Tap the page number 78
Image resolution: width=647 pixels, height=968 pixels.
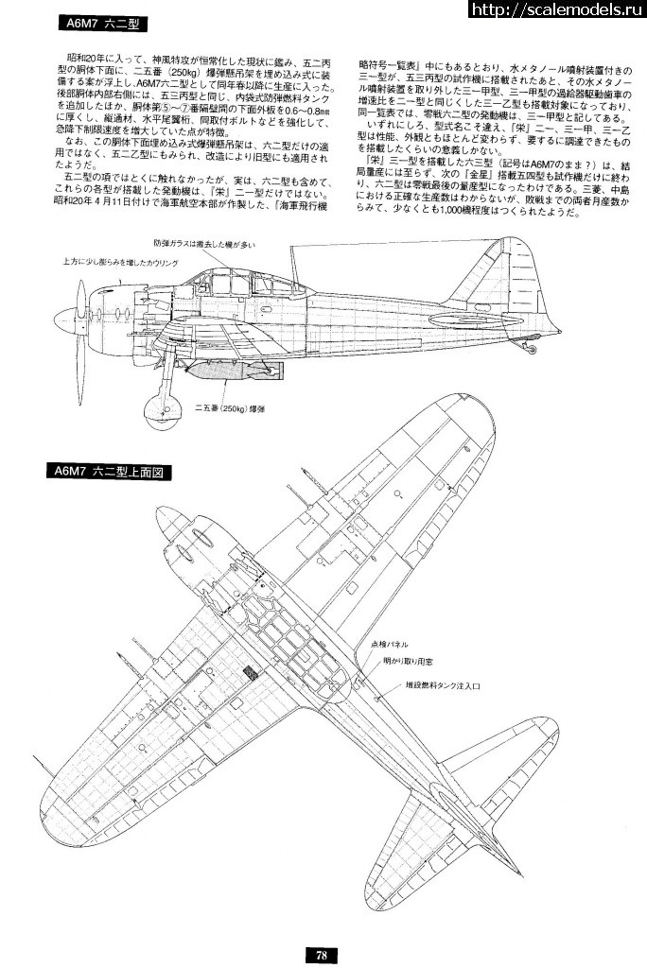322,955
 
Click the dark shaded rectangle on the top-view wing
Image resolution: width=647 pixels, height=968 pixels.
251,673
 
